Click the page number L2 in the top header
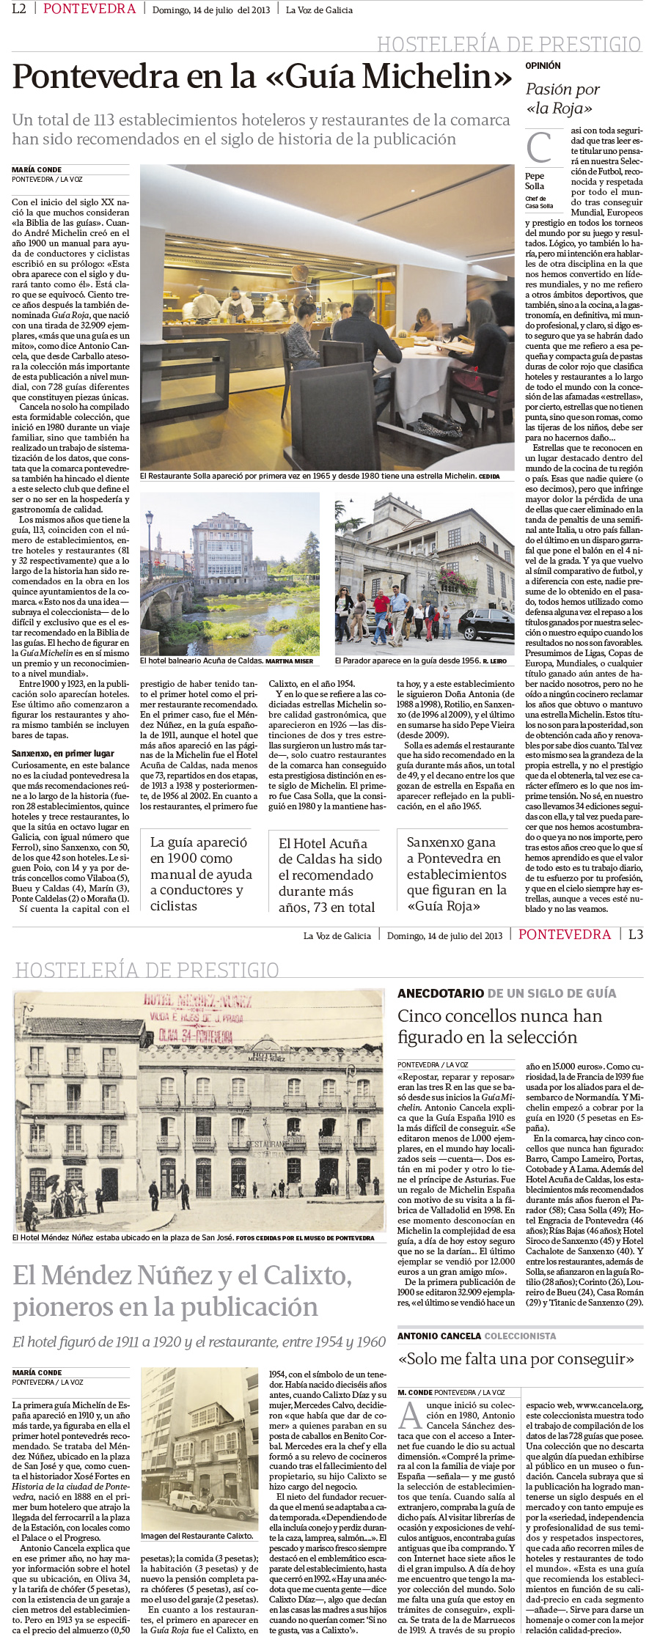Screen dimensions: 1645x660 [x=20, y=9]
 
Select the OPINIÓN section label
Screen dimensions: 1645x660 [x=543, y=66]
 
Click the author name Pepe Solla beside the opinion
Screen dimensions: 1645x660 [x=535, y=180]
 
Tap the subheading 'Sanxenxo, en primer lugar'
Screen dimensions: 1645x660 [x=63, y=753]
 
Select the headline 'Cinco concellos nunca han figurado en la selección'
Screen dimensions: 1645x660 [x=499, y=1026]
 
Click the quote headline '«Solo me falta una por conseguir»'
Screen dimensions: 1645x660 [x=516, y=1358]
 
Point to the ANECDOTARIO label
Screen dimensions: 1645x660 [x=440, y=993]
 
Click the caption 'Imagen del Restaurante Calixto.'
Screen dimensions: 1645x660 [x=197, y=1536]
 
